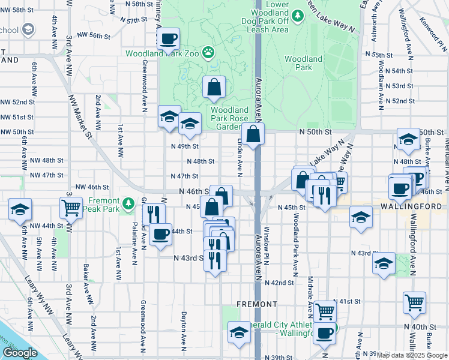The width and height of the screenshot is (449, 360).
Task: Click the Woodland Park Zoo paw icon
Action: click(x=208, y=53)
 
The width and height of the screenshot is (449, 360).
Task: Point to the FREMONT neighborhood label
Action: click(x=256, y=304)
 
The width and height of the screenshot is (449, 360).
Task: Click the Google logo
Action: click(x=20, y=353)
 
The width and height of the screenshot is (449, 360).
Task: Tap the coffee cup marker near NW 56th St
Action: click(x=168, y=39)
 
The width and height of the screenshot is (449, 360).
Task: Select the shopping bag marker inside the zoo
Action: click(x=214, y=88)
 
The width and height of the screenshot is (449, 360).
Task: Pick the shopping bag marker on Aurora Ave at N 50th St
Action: click(x=254, y=134)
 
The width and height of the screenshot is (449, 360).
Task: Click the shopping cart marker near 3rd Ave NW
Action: click(x=71, y=208)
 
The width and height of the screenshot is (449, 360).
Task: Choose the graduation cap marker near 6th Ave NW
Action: click(x=20, y=209)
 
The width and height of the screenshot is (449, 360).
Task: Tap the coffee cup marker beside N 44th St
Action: click(x=160, y=234)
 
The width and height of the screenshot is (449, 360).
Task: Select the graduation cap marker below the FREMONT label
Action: click(x=239, y=333)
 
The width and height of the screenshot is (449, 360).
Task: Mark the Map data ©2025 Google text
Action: click(x=412, y=355)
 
